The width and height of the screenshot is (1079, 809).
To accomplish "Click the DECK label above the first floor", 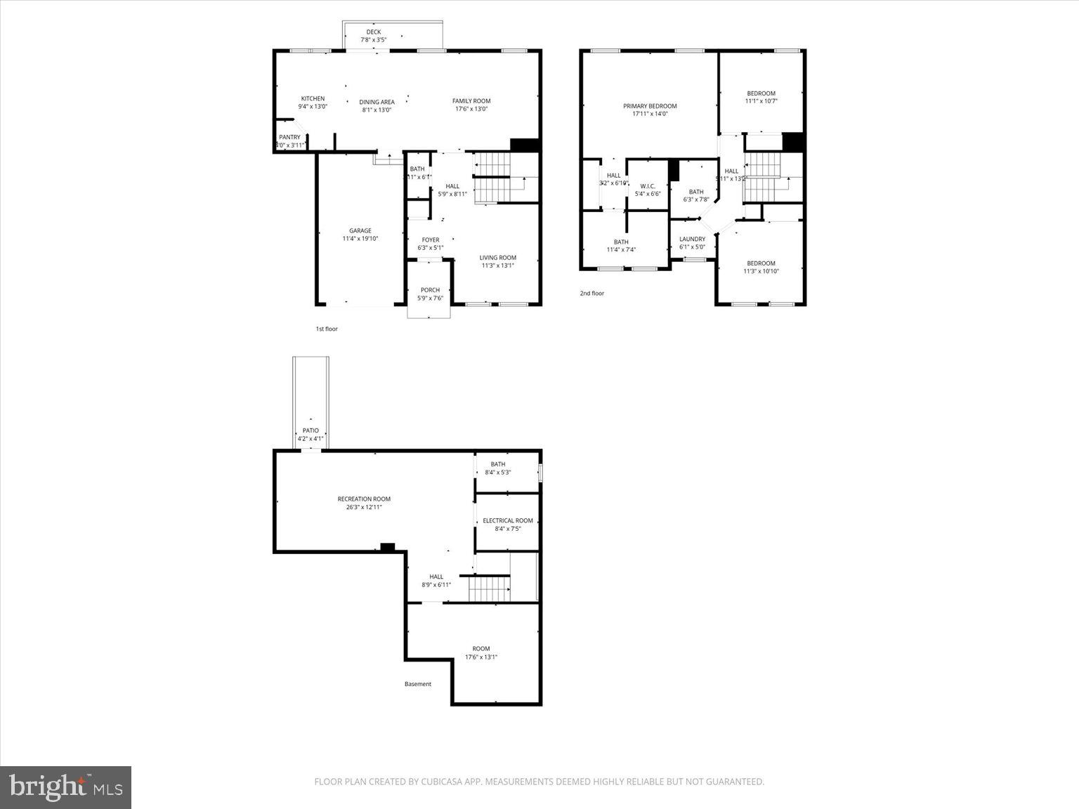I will tap(373, 32).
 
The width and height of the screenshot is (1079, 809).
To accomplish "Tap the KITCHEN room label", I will tap(313, 98).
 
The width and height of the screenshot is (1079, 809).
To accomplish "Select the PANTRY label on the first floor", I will tap(289, 137).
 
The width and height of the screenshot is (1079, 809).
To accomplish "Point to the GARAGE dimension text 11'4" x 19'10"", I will tap(360, 239).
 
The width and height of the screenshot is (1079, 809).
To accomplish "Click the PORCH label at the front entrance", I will tap(430, 290).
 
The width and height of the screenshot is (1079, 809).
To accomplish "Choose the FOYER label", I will tap(430, 239).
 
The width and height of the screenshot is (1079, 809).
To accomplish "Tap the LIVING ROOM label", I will tap(498, 258).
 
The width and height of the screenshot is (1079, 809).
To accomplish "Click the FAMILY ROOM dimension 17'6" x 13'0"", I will tap(471, 110).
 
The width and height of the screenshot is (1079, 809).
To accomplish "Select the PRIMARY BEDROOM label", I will tap(650, 106).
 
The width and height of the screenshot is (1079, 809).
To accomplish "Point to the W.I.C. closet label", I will tap(647, 186).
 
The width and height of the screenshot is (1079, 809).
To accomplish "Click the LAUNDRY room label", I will tap(692, 239).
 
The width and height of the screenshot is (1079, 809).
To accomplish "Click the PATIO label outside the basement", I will tap(310, 430).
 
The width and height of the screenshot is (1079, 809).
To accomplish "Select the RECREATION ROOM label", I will tap(364, 499).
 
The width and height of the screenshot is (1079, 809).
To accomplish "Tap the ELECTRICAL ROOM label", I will tap(507, 520).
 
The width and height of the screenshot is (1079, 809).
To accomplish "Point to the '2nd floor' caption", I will tap(591, 294).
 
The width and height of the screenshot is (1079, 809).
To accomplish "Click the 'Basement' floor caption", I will tap(418, 684).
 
